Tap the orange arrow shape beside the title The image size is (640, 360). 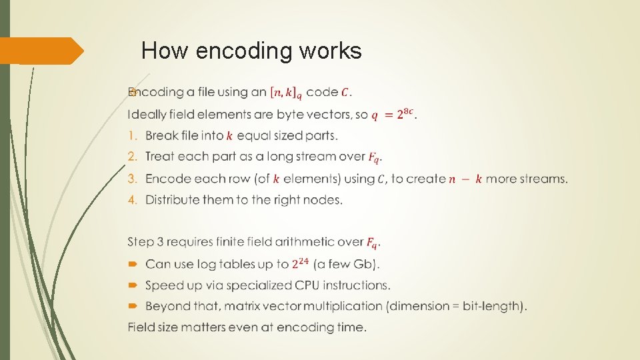41,51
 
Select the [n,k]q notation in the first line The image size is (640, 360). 285,92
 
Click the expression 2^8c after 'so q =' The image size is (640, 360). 407,115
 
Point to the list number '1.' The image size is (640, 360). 132,135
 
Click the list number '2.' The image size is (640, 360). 132,157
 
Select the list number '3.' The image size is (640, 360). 132,179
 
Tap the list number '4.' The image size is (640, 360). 132,200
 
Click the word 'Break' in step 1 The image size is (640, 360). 162,135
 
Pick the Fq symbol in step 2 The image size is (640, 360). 375,158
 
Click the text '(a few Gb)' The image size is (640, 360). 348,264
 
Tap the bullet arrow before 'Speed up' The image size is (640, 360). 132,285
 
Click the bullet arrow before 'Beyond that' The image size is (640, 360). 132,307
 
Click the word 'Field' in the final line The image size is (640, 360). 141,327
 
